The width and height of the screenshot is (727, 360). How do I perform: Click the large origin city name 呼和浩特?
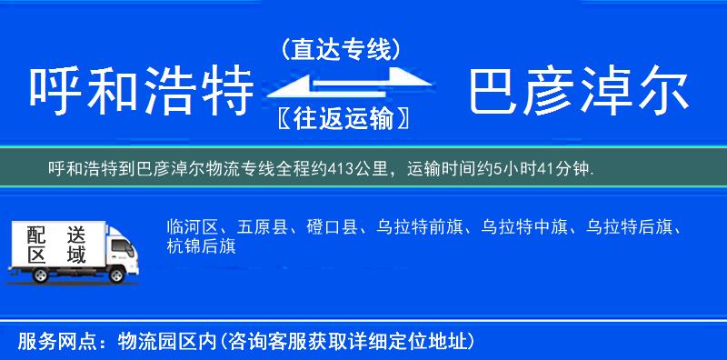(x=140, y=92)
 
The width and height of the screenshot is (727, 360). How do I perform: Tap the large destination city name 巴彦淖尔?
(x=578, y=92)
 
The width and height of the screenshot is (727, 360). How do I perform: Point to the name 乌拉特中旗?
(x=518, y=226)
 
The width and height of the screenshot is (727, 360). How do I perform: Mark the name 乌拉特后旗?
(x=622, y=226)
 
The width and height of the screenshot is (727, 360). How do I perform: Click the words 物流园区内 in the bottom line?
(x=164, y=342)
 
